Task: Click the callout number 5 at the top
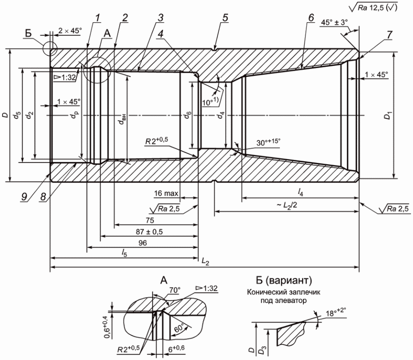click(x=225, y=18)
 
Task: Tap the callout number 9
click(x=24, y=197)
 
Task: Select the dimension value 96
click(x=143, y=243)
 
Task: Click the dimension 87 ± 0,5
click(x=149, y=232)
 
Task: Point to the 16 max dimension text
click(x=166, y=194)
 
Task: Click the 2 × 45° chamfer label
click(x=70, y=31)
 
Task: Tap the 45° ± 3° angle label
click(x=334, y=22)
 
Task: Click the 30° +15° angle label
click(x=268, y=142)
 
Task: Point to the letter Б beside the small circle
click(x=28, y=33)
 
